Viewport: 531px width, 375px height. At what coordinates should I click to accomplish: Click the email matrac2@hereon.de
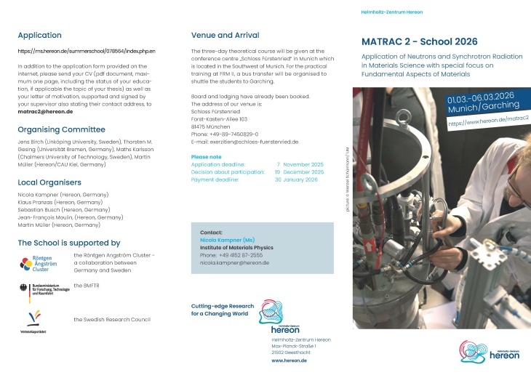point(45,111)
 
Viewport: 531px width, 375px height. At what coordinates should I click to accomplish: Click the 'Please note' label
point(206,156)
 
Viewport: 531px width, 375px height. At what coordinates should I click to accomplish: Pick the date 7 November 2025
point(298,164)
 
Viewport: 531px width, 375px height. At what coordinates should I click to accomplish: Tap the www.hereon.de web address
point(290,360)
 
